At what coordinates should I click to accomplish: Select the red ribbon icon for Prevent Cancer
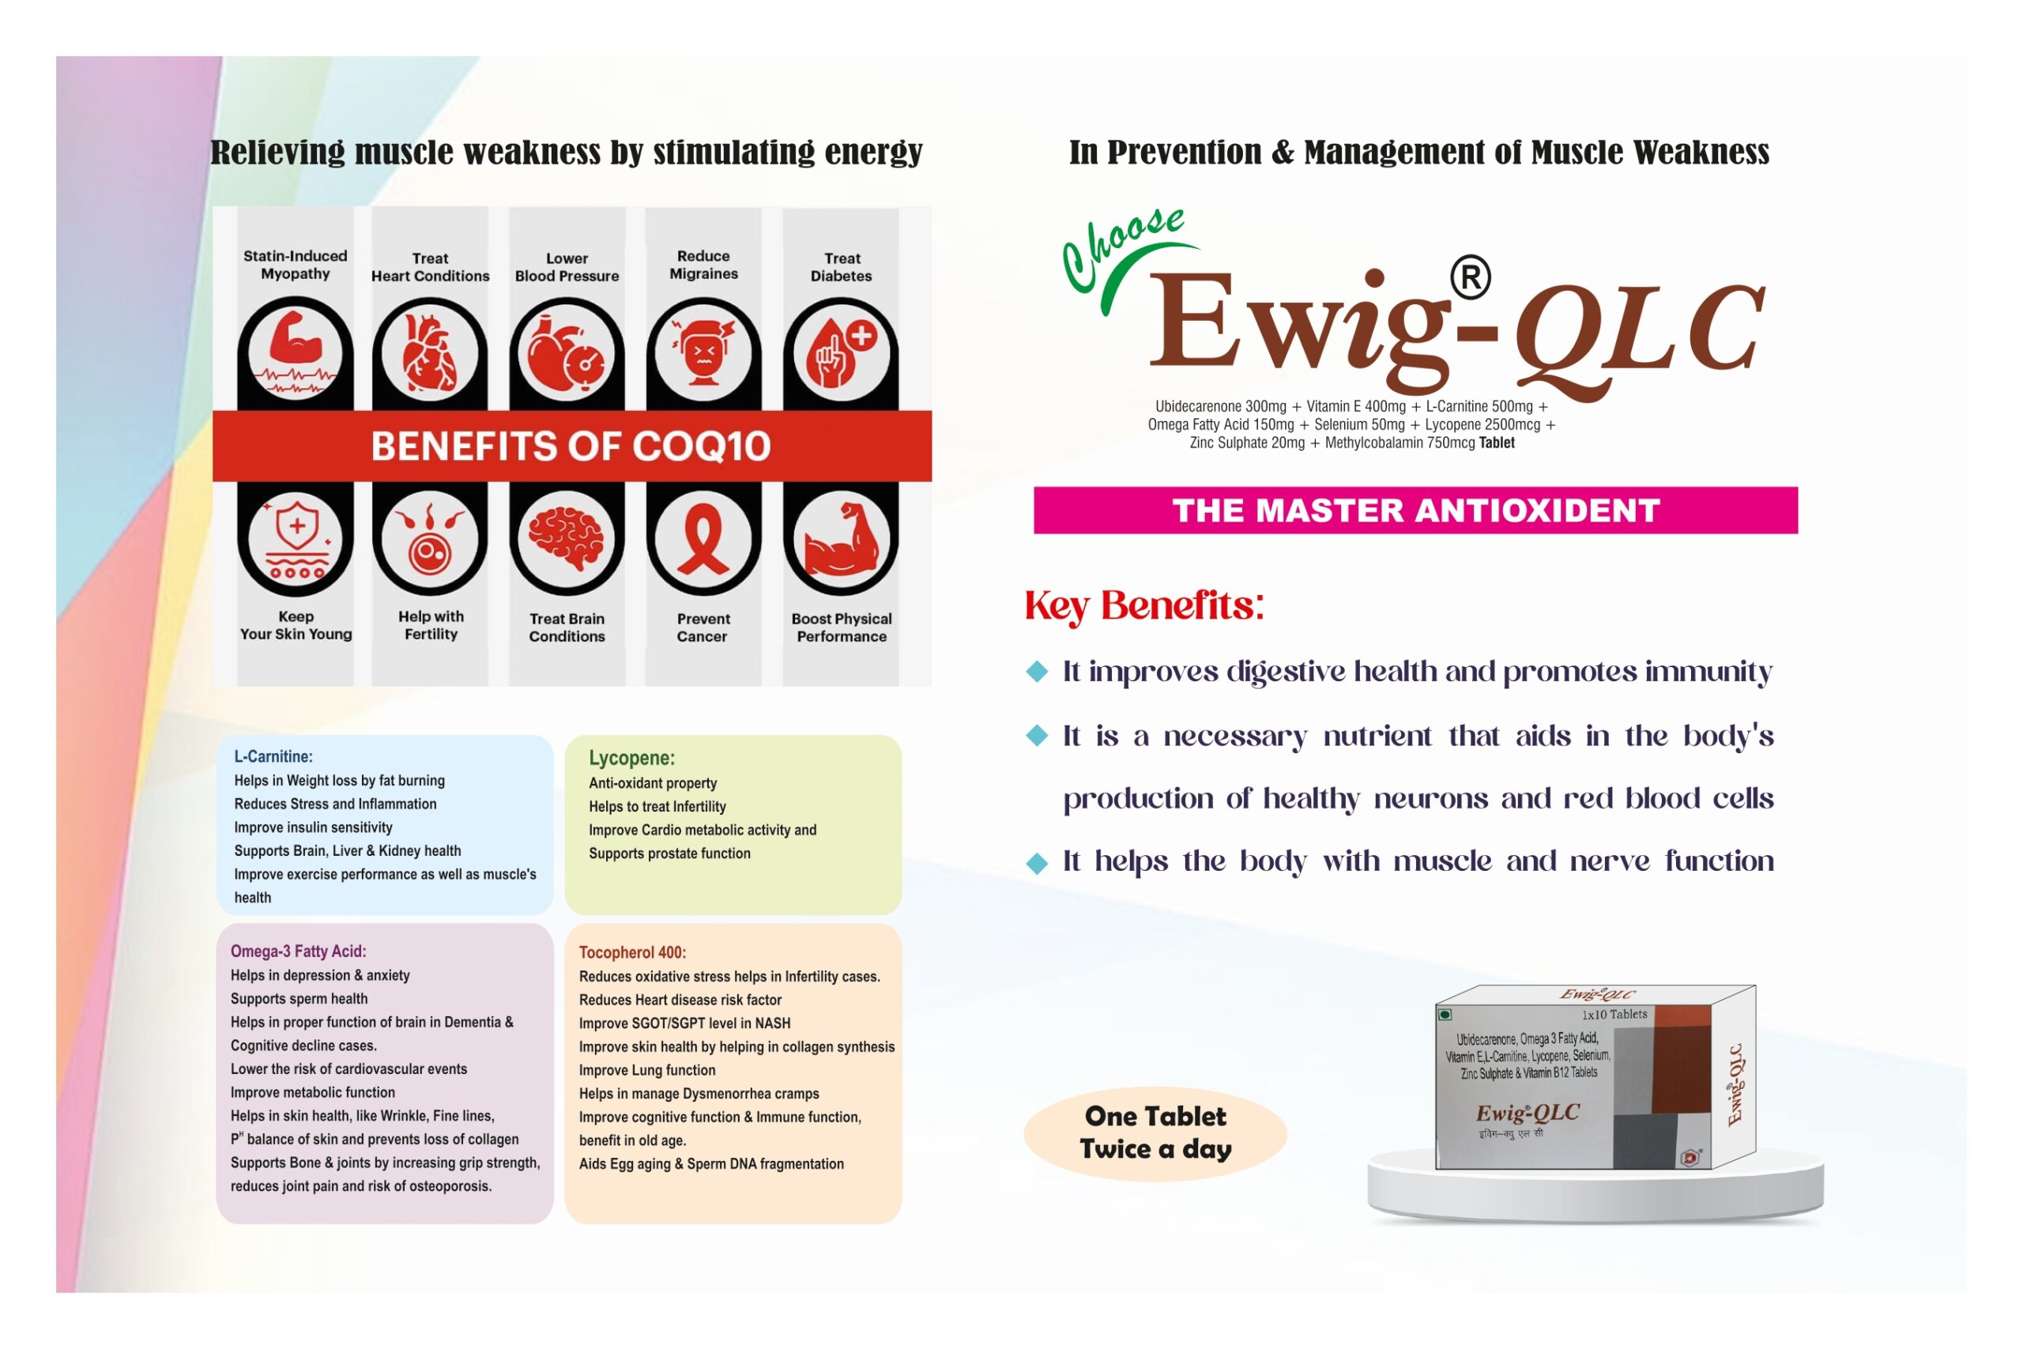click(x=703, y=540)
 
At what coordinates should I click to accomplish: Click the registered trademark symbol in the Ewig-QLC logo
click(x=1470, y=277)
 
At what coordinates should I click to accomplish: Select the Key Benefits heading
click(x=1144, y=605)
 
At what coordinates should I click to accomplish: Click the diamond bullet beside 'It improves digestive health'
click(x=1038, y=672)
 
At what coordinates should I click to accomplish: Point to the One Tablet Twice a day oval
click(x=1155, y=1133)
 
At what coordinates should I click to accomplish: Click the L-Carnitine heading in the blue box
click(x=273, y=757)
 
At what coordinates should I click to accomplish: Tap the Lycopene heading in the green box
click(x=631, y=758)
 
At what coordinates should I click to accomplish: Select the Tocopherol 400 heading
click(x=632, y=952)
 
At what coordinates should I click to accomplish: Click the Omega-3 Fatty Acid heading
click(x=298, y=951)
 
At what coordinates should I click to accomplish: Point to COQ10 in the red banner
click(x=700, y=447)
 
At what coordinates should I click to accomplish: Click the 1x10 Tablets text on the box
click(x=1614, y=1015)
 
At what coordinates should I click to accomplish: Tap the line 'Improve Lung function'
click(x=647, y=1070)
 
